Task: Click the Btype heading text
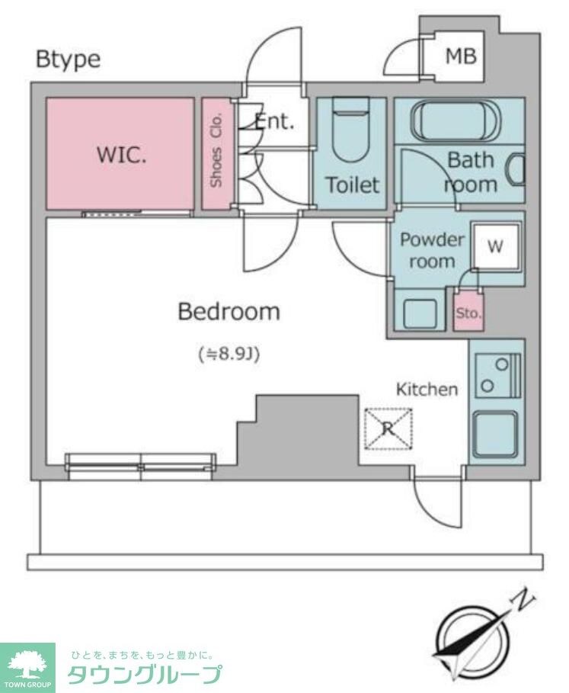[x=68, y=59]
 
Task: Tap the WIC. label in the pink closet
[x=121, y=155]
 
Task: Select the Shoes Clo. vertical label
[x=216, y=151]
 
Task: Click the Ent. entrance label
[x=274, y=120]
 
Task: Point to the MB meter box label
[x=461, y=56]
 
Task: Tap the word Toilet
[x=352, y=184]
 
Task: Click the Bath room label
[x=471, y=172]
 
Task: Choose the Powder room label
[x=432, y=250]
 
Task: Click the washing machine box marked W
[x=495, y=246]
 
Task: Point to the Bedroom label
[x=229, y=312]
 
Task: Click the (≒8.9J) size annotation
[x=229, y=354]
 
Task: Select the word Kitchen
[x=427, y=390]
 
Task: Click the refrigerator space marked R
[x=388, y=428]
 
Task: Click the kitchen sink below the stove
[x=496, y=435]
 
